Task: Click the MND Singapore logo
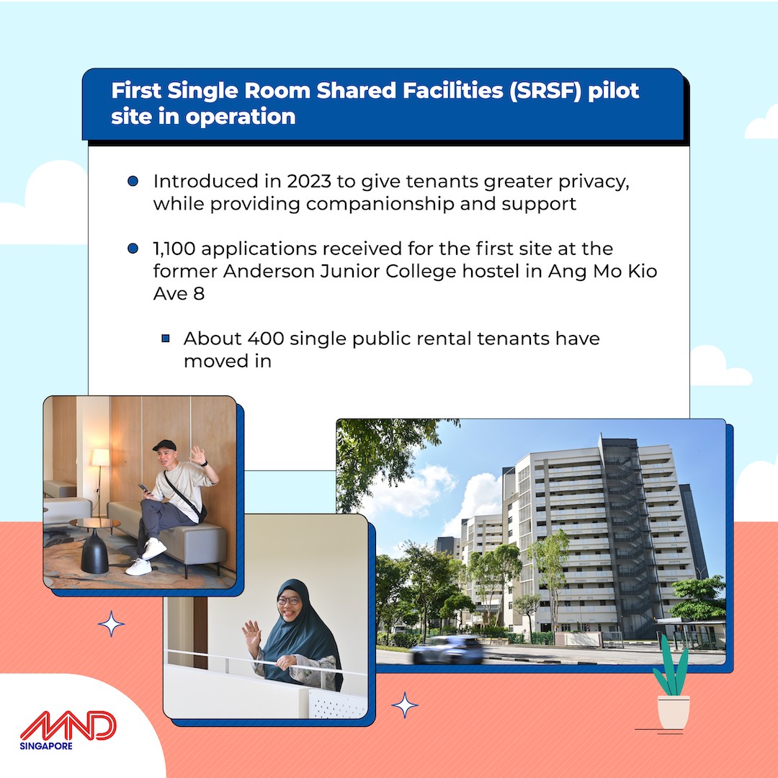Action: tap(68, 730)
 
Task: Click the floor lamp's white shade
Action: tap(100, 457)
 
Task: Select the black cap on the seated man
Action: tap(164, 445)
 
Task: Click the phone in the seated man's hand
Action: tap(143, 488)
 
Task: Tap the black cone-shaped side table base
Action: tap(94, 551)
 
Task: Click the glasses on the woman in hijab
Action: tap(289, 601)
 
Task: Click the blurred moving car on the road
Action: tap(447, 650)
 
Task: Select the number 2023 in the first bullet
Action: tap(308, 182)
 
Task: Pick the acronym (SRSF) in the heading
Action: tap(545, 91)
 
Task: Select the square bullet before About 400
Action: tap(166, 339)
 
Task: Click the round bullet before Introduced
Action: tap(133, 181)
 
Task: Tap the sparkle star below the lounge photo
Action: tap(111, 624)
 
